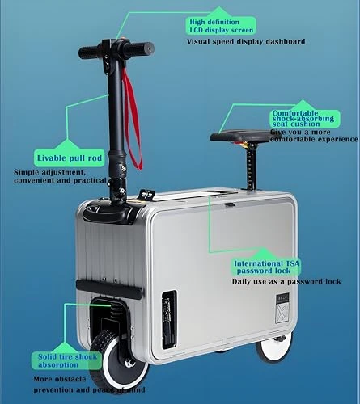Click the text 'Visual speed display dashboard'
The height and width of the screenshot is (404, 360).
246,40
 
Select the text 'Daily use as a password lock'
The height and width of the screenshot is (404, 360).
286,281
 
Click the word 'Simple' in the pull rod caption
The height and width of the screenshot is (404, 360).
28,172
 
